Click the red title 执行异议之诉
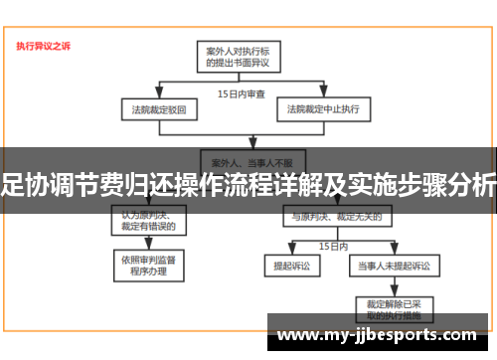(x=43, y=46)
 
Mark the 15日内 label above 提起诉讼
(x=333, y=244)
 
